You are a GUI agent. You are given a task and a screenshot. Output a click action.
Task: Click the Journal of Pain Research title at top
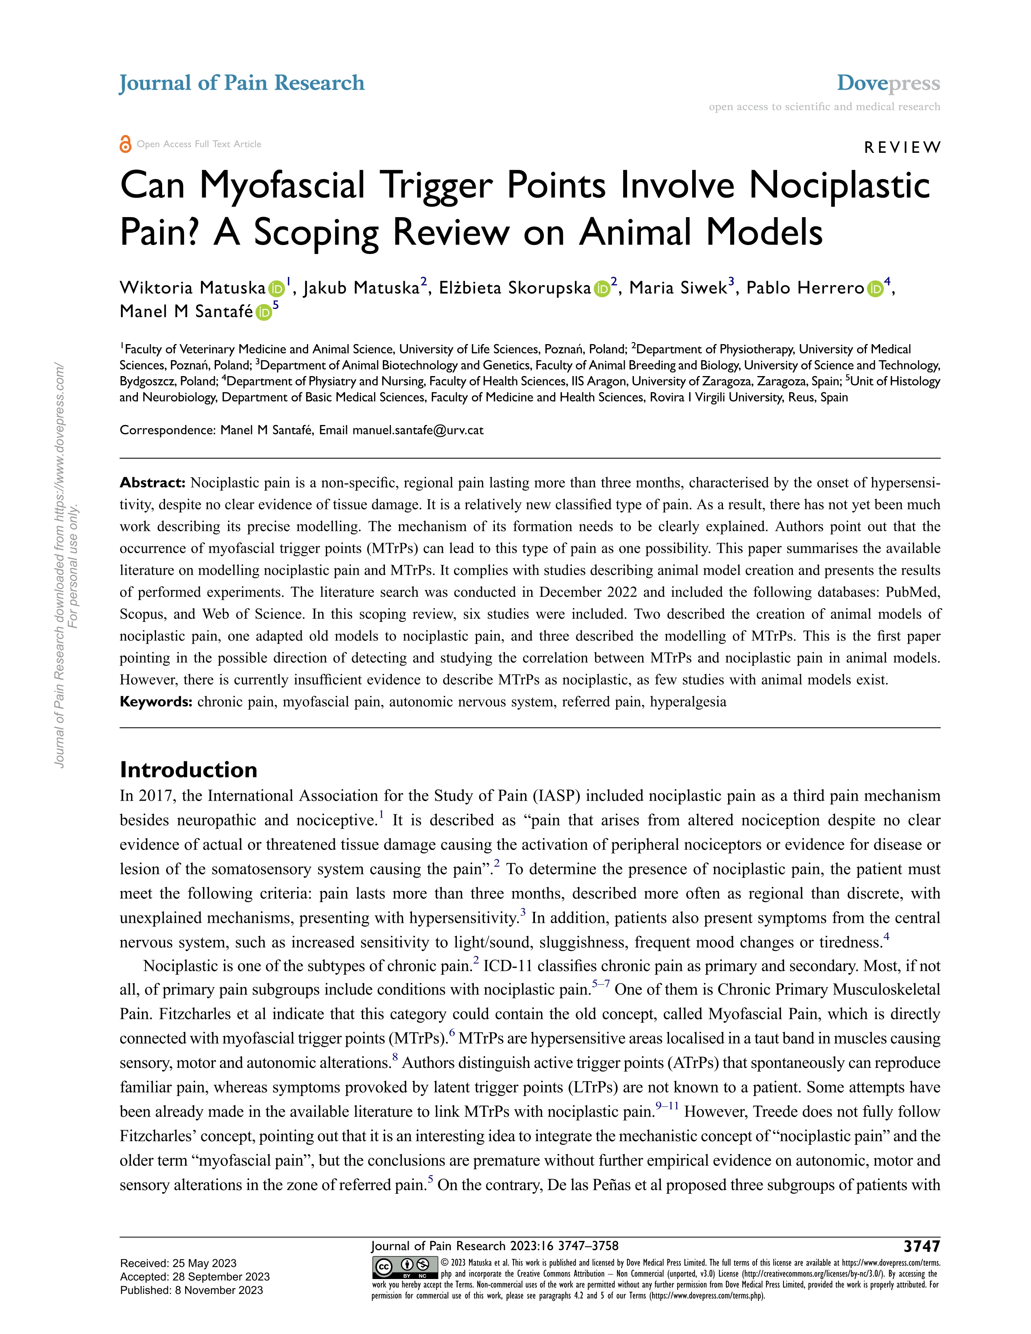(242, 83)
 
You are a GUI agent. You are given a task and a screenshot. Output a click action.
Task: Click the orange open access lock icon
(125, 144)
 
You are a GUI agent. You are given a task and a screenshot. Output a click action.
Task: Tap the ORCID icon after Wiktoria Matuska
(276, 289)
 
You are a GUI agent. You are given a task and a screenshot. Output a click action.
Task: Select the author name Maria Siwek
(678, 288)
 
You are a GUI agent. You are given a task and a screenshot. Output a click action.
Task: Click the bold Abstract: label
(152, 482)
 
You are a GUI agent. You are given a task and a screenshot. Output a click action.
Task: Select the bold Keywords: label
(156, 702)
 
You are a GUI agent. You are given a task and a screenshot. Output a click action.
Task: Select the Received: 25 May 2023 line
(178, 1263)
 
